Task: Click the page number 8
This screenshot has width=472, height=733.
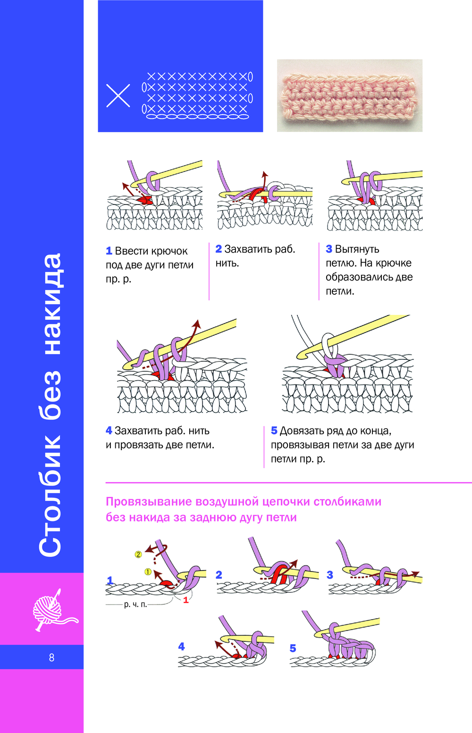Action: (x=51, y=657)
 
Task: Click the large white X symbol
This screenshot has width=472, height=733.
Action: (x=118, y=96)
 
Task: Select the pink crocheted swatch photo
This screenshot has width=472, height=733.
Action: (x=349, y=95)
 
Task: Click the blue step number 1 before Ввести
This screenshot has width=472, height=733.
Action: (x=109, y=251)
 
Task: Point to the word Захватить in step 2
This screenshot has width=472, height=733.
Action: (x=246, y=249)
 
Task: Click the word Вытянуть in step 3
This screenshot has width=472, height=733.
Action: (x=357, y=249)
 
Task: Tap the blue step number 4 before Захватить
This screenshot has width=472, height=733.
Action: (x=109, y=431)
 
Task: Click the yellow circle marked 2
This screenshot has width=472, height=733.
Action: (x=138, y=554)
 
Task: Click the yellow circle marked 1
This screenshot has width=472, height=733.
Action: (x=148, y=572)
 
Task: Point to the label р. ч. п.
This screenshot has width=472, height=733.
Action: (x=135, y=605)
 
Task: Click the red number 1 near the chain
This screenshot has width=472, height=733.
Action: (x=186, y=600)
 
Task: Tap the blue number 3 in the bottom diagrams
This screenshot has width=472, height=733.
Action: (x=330, y=575)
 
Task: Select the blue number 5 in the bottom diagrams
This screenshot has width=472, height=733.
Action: (x=293, y=648)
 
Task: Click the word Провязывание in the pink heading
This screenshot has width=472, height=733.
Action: (x=149, y=502)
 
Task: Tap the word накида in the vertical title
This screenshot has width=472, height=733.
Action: (x=51, y=305)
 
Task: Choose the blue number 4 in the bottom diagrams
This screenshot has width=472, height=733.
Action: (x=182, y=647)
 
